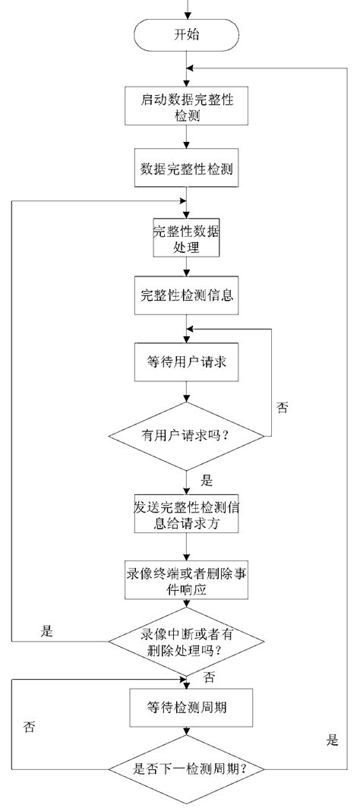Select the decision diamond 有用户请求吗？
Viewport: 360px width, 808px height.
pyautogui.click(x=186, y=437)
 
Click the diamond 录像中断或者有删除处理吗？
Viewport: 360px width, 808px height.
pyautogui.click(x=186, y=644)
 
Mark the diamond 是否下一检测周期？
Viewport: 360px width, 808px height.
pyautogui.click(x=186, y=769)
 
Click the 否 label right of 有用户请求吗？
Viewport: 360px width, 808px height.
pyautogui.click(x=283, y=408)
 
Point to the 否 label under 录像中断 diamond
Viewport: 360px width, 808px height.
pyautogui.click(x=210, y=674)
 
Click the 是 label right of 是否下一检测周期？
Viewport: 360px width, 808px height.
pyautogui.click(x=332, y=740)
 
